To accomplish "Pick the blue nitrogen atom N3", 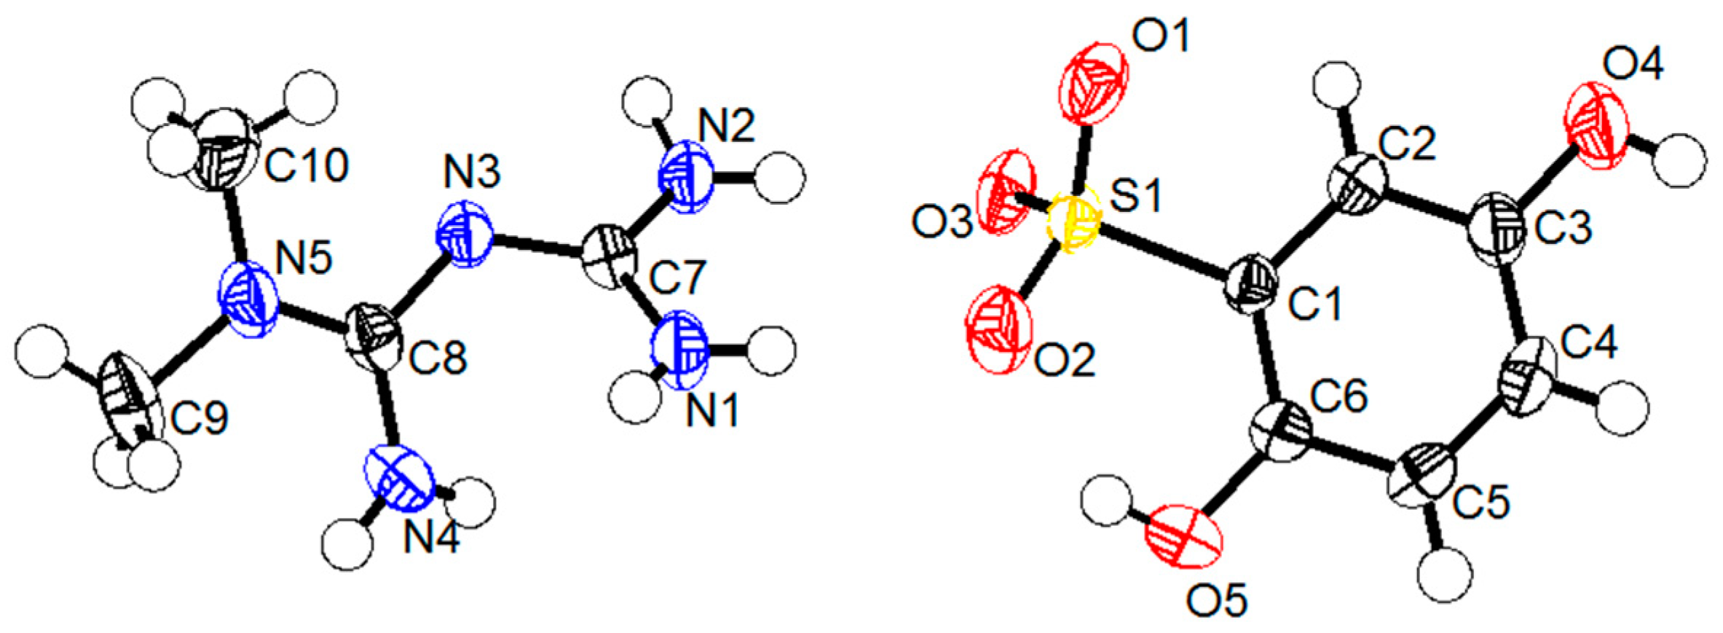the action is click(464, 235).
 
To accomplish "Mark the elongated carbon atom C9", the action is click(132, 400).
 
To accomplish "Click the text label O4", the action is click(1633, 67).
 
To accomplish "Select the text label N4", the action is click(432, 541).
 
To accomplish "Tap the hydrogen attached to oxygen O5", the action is click(1107, 501).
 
